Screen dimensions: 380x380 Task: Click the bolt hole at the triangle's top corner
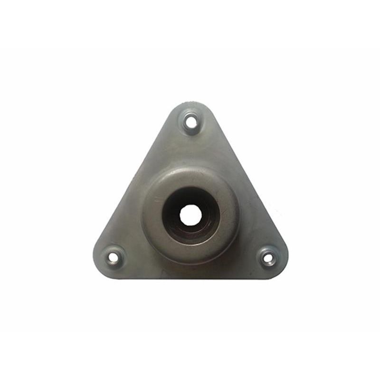(x=191, y=122)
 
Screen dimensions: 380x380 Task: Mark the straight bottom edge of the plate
(x=190, y=278)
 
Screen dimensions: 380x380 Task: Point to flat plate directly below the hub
(x=190, y=270)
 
